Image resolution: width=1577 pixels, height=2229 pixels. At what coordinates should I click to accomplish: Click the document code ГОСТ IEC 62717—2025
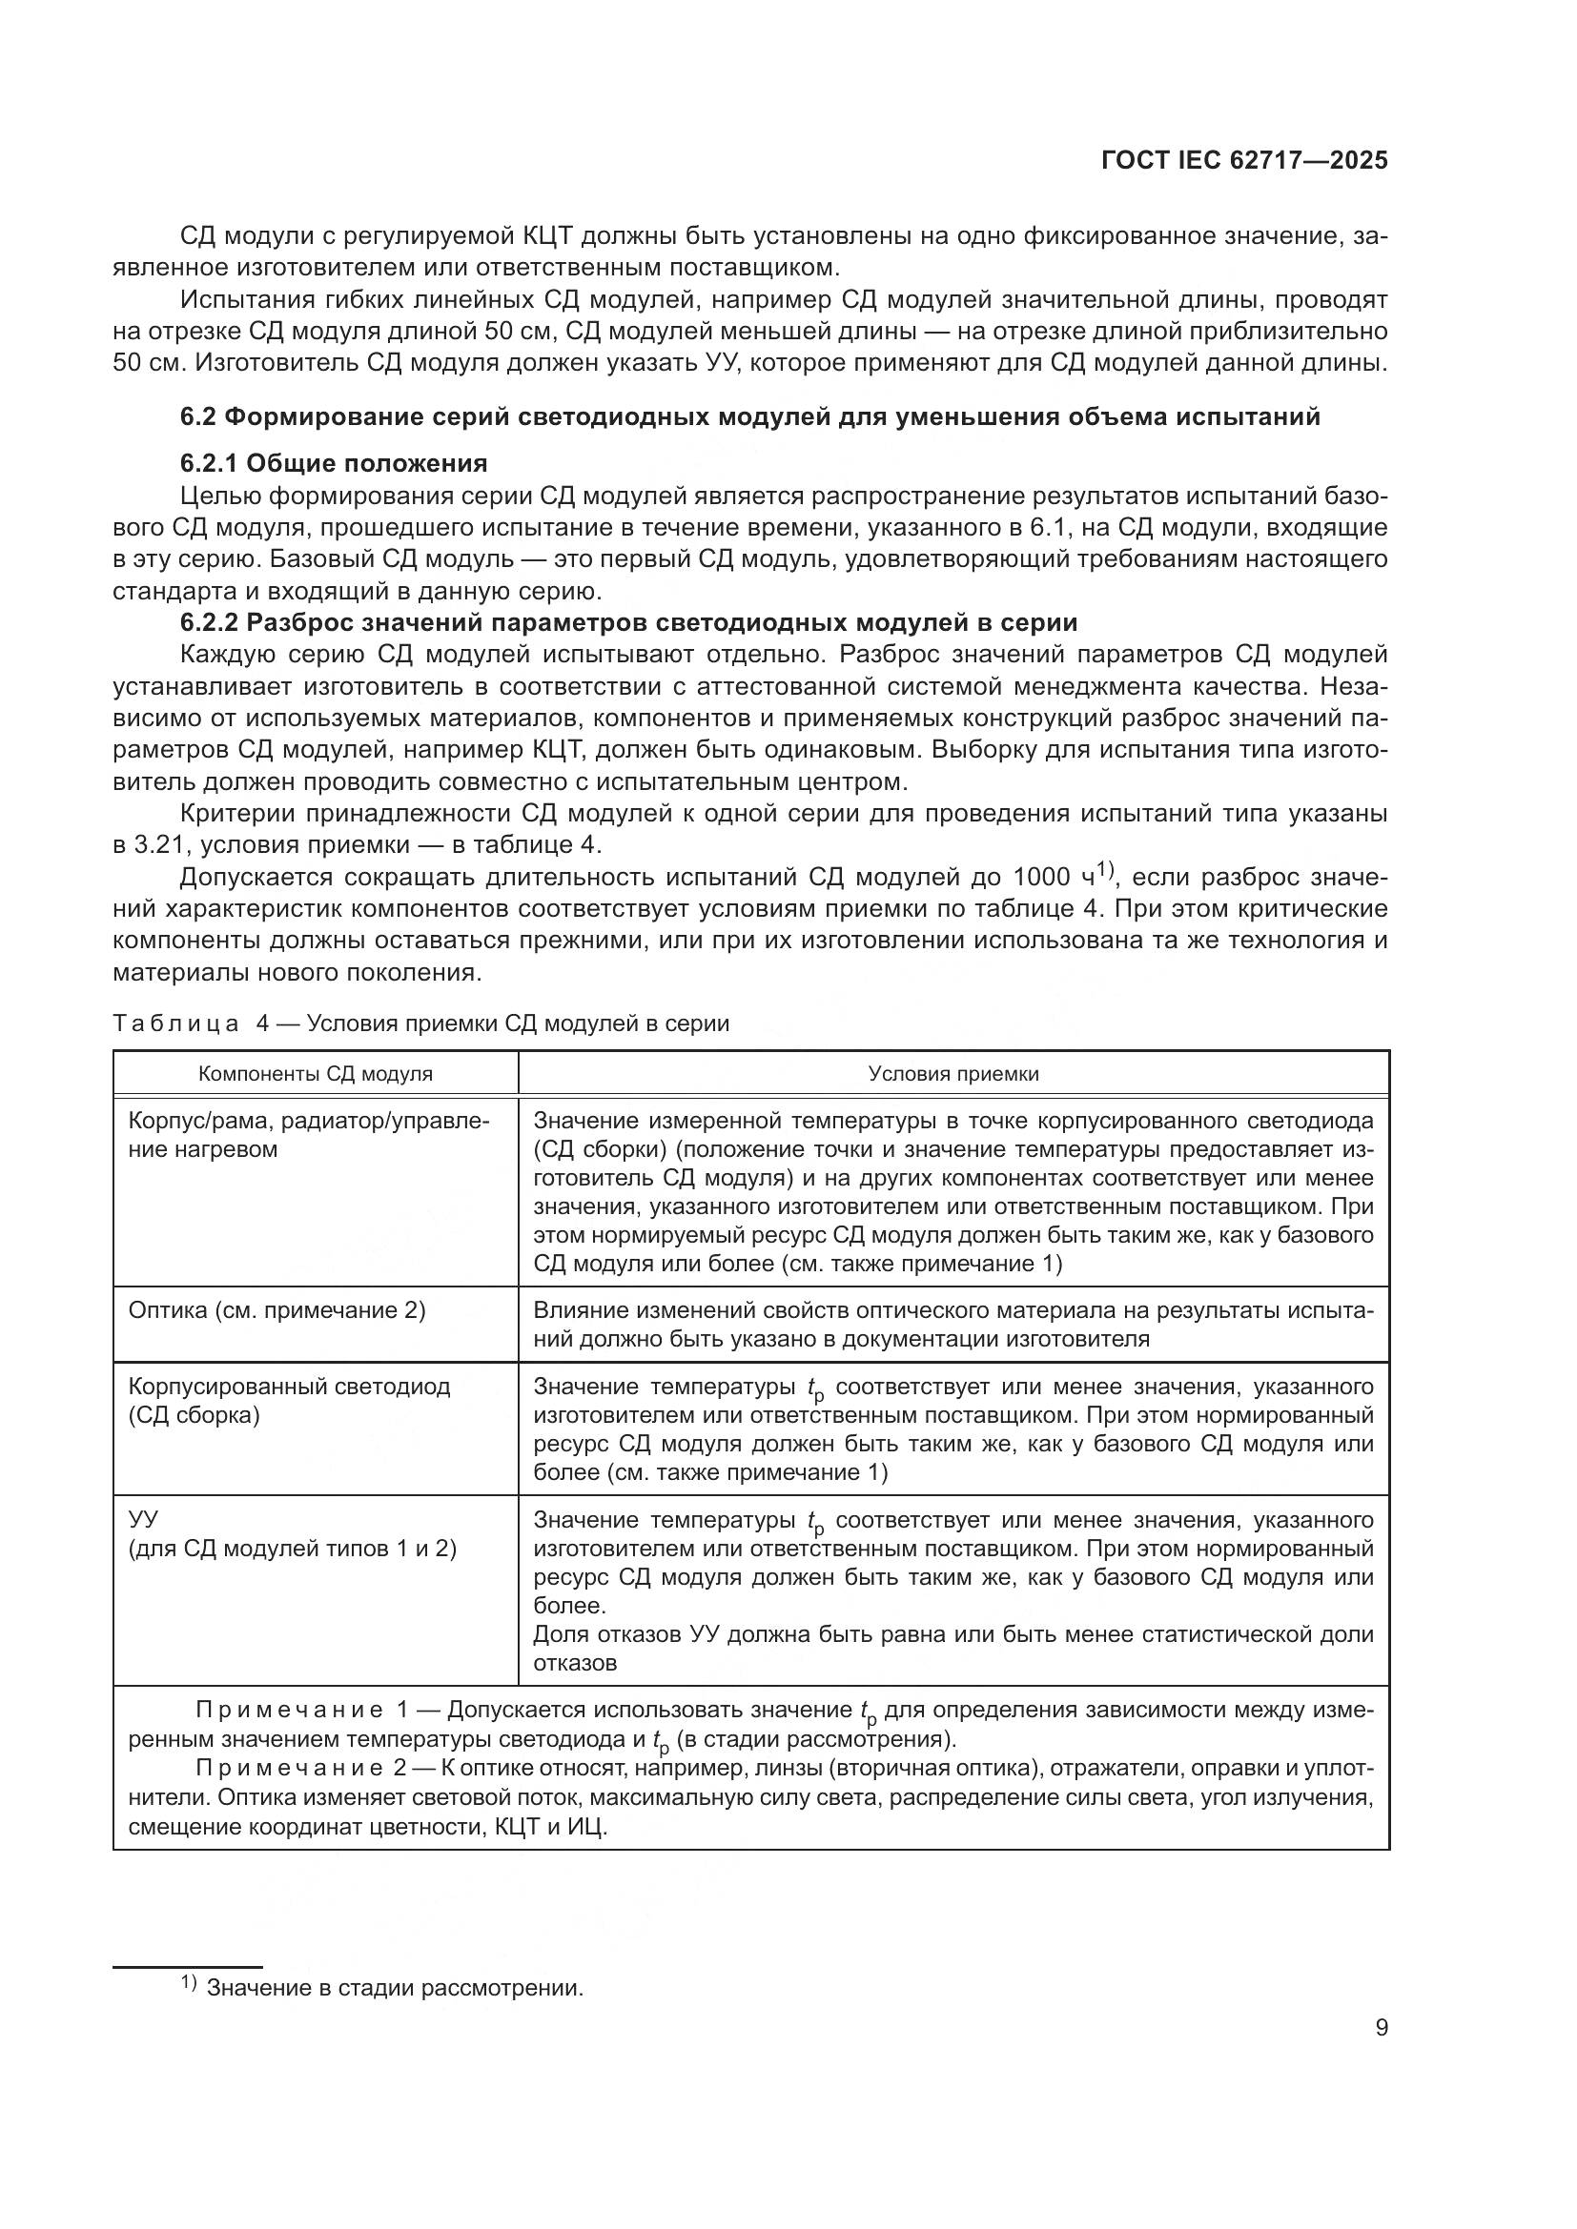pyautogui.click(x=1244, y=161)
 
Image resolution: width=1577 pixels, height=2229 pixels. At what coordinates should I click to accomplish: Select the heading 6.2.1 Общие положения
pyautogui.click(x=333, y=463)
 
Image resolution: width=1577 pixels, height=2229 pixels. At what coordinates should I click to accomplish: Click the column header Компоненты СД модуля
pyautogui.click(x=316, y=1074)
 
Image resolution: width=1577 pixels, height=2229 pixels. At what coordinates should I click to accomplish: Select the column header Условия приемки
pyautogui.click(x=952, y=1074)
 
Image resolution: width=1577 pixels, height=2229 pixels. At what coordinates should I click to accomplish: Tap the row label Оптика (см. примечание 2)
pyautogui.click(x=276, y=1310)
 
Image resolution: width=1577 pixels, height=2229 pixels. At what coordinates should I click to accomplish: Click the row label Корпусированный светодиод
pyautogui.click(x=290, y=1387)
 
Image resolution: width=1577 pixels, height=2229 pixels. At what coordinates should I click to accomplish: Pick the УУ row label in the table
pyautogui.click(x=143, y=1519)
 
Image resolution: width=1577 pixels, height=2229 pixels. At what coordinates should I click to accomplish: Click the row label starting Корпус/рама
pyautogui.click(x=309, y=1122)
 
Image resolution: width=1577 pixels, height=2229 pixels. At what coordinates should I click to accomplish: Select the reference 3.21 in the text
pyautogui.click(x=158, y=844)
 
